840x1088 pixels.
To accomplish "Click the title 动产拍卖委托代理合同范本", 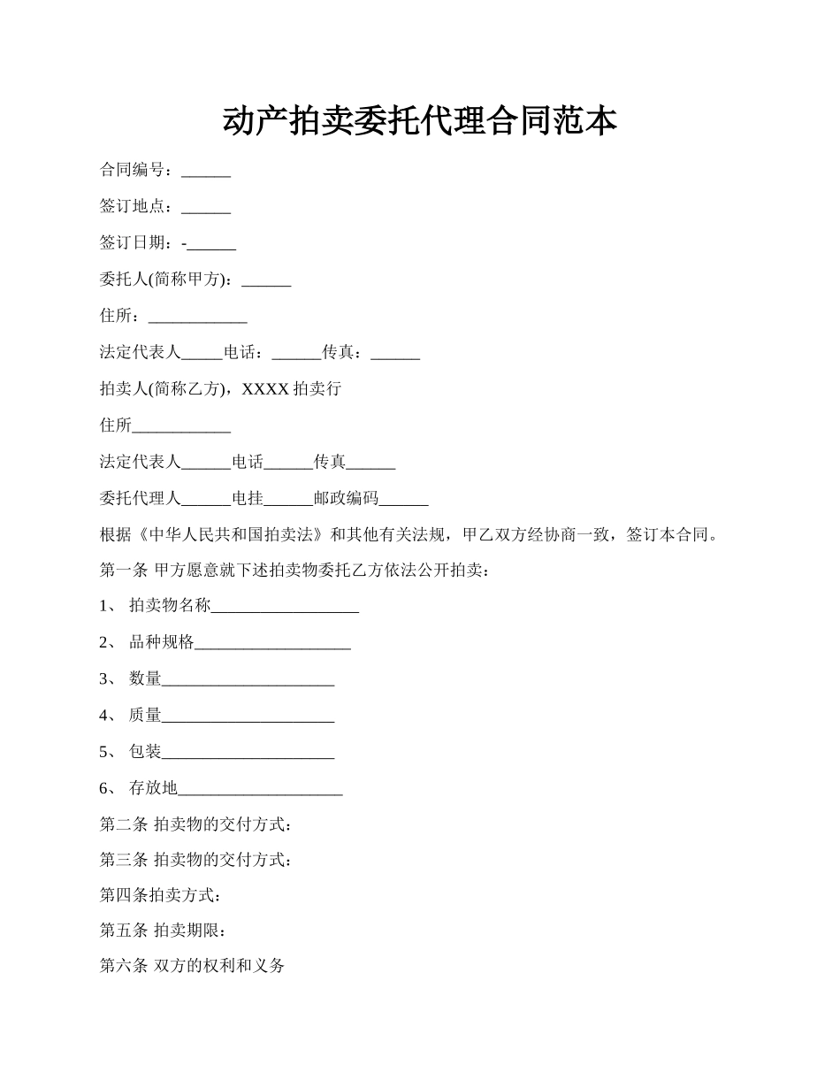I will pyautogui.click(x=419, y=121).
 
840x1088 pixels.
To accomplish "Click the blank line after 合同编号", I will pyautogui.click(x=206, y=172).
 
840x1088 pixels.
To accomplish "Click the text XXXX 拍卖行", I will pyautogui.click(x=291, y=388).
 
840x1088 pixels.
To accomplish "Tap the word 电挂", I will pyautogui.click(x=248, y=499).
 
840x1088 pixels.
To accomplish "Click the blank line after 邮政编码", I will pyautogui.click(x=403, y=501).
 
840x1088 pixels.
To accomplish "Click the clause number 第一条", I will pyautogui.click(x=123, y=571).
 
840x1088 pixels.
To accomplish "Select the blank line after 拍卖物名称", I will pyautogui.click(x=285, y=608).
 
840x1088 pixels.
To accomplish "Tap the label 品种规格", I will pyautogui.click(x=162, y=643).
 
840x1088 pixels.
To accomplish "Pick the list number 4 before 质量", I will pyautogui.click(x=104, y=716).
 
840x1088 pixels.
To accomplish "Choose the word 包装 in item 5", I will pyautogui.click(x=146, y=752).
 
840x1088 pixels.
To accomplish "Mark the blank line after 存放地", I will pyautogui.click(x=260, y=789).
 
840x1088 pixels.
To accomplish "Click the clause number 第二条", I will pyautogui.click(x=123, y=824).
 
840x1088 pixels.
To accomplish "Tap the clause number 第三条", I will pyautogui.click(x=123, y=860).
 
